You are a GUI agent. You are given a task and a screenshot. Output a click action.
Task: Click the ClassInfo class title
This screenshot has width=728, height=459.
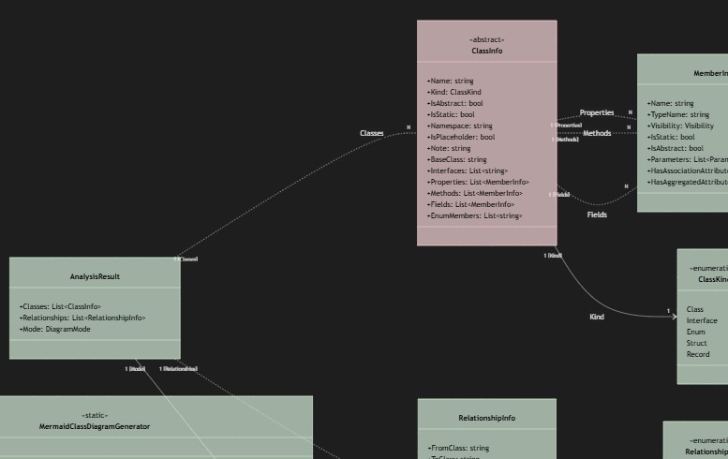pos(486,51)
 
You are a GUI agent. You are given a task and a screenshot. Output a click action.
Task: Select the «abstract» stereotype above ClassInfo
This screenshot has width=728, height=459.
pos(486,39)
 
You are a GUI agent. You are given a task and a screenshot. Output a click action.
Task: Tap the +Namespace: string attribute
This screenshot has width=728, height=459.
pos(459,126)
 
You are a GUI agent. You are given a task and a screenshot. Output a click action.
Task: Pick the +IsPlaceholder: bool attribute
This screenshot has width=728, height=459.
pos(461,137)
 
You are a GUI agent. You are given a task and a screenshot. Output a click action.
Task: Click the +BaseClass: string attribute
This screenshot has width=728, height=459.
pos(456,159)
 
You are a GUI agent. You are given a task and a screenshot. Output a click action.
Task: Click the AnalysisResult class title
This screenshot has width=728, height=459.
pos(95,276)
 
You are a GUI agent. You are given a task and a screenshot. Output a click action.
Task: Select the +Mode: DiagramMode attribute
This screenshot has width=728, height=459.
pos(54,329)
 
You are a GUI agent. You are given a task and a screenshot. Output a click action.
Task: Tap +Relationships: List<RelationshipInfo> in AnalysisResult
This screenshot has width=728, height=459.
pos(82,318)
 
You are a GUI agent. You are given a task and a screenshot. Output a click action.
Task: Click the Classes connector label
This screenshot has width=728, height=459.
pos(372,133)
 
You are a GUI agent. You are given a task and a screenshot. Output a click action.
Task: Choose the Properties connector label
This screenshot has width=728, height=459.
pos(597,112)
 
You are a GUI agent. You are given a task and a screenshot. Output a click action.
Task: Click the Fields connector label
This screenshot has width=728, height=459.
pos(597,215)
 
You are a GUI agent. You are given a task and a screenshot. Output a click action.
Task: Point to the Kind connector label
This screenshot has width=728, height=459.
pos(597,317)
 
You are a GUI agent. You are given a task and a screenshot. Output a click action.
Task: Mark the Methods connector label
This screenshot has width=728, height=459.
pos(597,133)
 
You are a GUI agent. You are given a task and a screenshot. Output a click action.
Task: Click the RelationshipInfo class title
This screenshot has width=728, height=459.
pos(486,418)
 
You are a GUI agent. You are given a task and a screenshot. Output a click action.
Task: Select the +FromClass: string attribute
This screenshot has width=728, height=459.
pos(458,448)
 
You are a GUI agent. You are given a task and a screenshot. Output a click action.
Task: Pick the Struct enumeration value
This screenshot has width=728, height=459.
pos(697,343)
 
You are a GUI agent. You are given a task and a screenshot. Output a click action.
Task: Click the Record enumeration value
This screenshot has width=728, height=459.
pos(698,354)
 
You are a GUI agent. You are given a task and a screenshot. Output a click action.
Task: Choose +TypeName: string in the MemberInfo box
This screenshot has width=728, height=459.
pos(678,114)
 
